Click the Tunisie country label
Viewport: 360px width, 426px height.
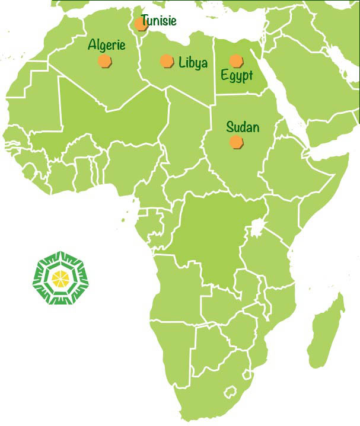click(x=158, y=21)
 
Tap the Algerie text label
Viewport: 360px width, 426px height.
click(x=107, y=44)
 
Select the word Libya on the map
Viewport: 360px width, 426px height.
click(x=193, y=62)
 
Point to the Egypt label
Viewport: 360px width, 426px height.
click(x=237, y=76)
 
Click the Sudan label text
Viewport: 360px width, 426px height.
click(x=243, y=127)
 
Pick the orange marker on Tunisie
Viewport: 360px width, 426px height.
click(x=141, y=24)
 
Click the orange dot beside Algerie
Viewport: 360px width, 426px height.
click(x=105, y=61)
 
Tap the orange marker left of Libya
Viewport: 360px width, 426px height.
click(x=167, y=61)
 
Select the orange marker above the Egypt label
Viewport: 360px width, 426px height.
click(x=236, y=60)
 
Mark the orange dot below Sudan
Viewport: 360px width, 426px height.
click(x=236, y=141)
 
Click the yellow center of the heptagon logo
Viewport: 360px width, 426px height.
click(x=60, y=278)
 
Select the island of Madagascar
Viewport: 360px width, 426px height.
click(x=328, y=332)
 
